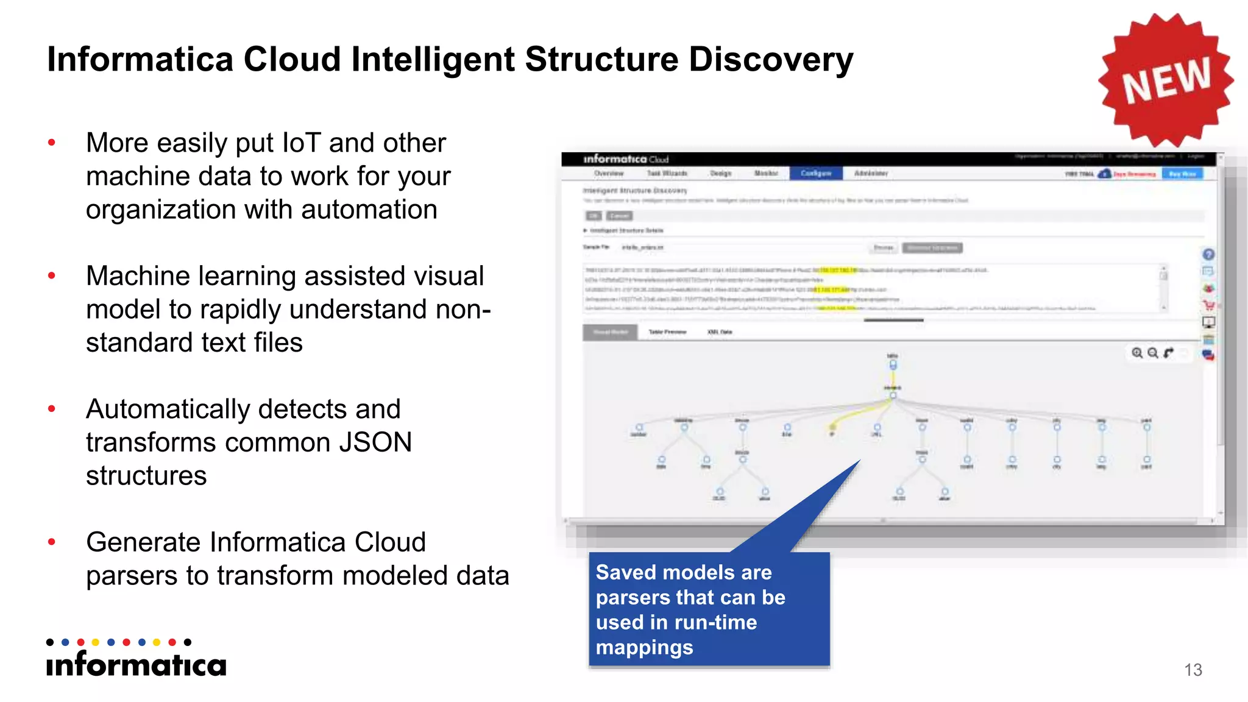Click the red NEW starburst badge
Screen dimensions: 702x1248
(x=1166, y=80)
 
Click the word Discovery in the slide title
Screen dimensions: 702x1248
(x=771, y=60)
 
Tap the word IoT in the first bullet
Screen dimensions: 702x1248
(x=302, y=143)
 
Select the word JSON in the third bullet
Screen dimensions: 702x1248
(x=375, y=442)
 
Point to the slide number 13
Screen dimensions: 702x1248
(x=1193, y=670)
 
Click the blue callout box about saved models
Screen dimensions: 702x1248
(x=709, y=609)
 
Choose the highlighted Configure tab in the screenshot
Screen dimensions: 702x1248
(x=816, y=174)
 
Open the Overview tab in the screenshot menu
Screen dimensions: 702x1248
(x=609, y=174)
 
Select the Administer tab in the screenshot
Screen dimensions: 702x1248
(x=871, y=174)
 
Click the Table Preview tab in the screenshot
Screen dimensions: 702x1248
(x=667, y=332)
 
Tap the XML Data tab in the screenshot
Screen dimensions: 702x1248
(x=720, y=332)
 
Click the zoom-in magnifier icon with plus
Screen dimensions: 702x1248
(x=1137, y=353)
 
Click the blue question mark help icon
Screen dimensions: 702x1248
(x=1208, y=255)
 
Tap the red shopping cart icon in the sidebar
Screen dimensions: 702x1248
(x=1208, y=305)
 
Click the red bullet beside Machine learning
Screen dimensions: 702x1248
(x=52, y=276)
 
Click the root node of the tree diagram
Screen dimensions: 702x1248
(x=893, y=364)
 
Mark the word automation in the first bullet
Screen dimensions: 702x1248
(x=369, y=210)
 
